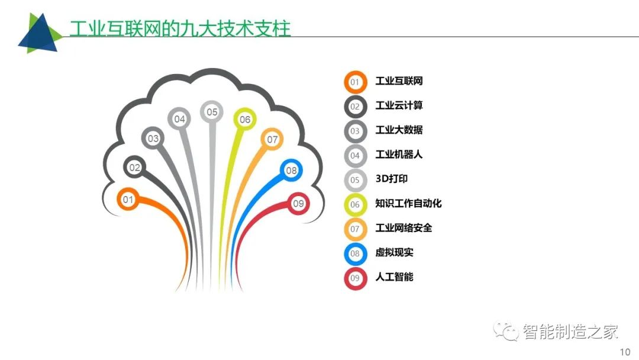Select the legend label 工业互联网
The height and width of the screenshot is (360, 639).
click(x=399, y=81)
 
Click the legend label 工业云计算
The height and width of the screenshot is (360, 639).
click(x=399, y=105)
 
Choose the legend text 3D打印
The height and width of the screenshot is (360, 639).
click(x=391, y=179)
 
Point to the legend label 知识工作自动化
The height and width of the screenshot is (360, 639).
click(x=408, y=204)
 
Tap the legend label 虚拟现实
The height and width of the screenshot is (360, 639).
click(x=394, y=252)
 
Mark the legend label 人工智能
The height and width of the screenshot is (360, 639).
click(x=394, y=277)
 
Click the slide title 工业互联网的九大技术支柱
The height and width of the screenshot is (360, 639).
click(x=180, y=28)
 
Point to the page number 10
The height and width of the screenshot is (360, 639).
click(x=625, y=352)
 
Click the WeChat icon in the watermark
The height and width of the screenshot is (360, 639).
click(x=505, y=331)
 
